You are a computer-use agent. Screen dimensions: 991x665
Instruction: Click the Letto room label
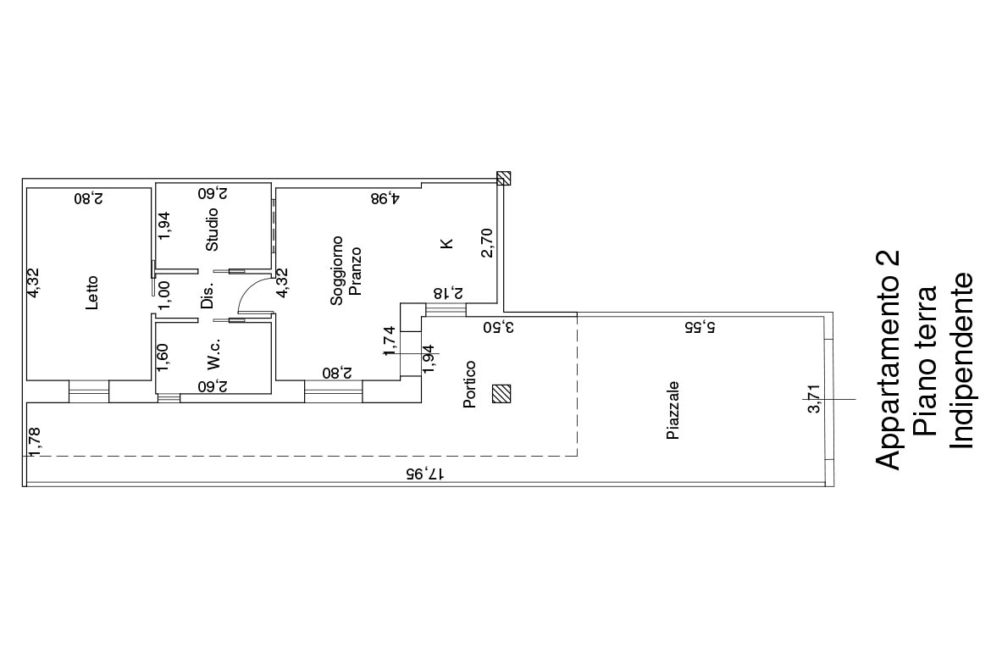(x=92, y=292)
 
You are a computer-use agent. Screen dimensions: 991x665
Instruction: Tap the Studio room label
(x=213, y=230)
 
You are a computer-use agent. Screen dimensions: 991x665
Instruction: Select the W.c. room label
(x=213, y=354)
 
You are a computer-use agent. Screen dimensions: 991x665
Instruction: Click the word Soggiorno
(x=337, y=270)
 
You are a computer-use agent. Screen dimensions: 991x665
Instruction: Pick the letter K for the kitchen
(x=447, y=243)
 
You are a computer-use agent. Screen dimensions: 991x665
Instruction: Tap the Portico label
(x=469, y=385)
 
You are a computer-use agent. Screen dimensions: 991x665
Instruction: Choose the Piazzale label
(x=673, y=410)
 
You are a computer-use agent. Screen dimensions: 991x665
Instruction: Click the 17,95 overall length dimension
(x=424, y=474)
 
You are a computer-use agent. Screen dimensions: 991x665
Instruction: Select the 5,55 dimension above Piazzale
(x=701, y=327)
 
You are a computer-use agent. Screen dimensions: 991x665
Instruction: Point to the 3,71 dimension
(x=815, y=399)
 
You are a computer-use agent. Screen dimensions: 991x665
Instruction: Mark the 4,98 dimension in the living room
(x=385, y=198)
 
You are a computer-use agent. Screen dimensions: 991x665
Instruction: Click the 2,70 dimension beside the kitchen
(x=487, y=243)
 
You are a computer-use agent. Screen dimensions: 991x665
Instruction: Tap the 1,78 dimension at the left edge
(x=35, y=441)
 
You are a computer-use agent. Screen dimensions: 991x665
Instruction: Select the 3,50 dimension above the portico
(x=499, y=327)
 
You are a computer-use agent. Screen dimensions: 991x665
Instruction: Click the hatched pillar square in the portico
(x=501, y=394)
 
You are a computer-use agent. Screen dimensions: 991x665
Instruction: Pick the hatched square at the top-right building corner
(x=503, y=178)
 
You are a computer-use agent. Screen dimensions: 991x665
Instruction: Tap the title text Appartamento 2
(x=888, y=360)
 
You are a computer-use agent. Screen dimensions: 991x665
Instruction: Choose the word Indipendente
(x=962, y=361)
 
